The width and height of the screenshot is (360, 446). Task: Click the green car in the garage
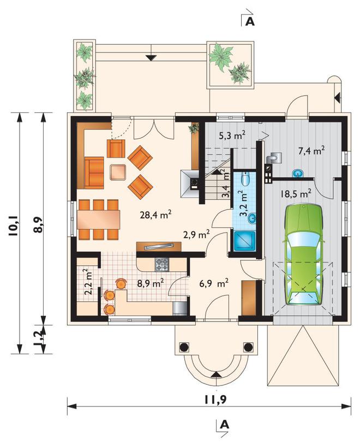(303, 254)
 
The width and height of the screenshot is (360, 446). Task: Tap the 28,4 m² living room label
(155, 215)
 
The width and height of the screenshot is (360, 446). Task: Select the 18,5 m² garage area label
(296, 194)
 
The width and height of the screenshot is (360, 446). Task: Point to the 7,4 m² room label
(312, 151)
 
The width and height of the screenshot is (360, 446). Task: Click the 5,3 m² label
(232, 135)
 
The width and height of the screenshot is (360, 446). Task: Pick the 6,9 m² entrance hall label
(215, 283)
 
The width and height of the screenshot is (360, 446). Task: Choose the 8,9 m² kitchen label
(150, 283)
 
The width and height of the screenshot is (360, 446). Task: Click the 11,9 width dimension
(215, 400)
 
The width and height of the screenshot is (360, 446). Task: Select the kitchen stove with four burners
(162, 264)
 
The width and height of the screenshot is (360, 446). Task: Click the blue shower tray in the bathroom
(245, 241)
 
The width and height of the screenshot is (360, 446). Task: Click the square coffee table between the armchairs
(118, 172)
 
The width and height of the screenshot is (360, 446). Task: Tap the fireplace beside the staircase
(190, 183)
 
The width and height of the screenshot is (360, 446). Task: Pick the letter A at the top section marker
(250, 21)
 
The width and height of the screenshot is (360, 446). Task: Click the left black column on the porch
(184, 347)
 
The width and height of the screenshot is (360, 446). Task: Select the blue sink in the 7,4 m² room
(298, 173)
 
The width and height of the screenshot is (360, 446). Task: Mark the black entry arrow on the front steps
(216, 374)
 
